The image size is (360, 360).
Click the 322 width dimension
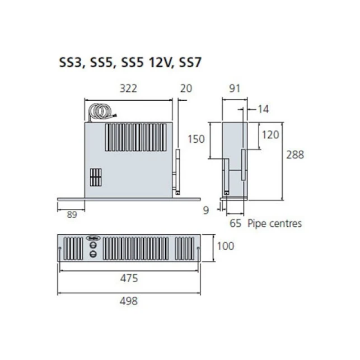[129, 88]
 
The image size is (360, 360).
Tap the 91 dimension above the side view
[235, 88]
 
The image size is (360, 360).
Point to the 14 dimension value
[263, 109]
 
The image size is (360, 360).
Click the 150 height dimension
[196, 139]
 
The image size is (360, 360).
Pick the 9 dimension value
[205, 211]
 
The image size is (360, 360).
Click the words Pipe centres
[274, 223]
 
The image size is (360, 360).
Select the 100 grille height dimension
[226, 246]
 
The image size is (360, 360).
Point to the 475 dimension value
[129, 278]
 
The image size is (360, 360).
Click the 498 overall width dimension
[129, 301]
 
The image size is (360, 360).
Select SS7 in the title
[190, 62]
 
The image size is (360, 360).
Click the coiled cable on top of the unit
[102, 113]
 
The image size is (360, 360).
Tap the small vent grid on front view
[96, 177]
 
